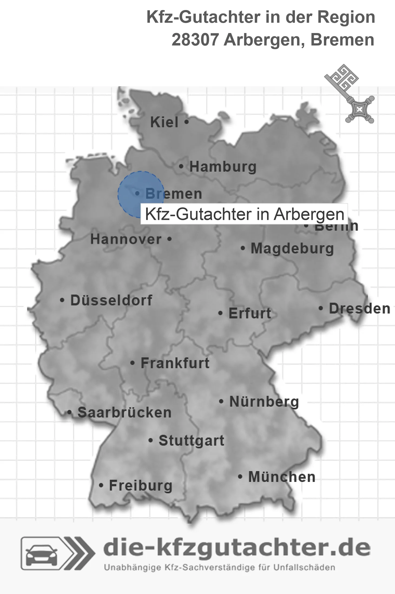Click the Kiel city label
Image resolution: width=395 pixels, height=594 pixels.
164,122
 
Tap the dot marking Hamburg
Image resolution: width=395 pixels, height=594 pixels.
181,166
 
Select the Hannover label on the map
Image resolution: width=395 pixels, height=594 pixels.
126,239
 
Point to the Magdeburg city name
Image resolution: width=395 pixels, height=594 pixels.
292,249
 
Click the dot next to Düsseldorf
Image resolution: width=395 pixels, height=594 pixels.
62,300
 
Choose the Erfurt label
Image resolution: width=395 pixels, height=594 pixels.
250,314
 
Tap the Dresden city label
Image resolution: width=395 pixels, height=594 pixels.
359,309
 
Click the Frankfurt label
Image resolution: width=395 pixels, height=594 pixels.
175,363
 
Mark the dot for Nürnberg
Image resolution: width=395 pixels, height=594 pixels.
221,402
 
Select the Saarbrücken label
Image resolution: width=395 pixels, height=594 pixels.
124,413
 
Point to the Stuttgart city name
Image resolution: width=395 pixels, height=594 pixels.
191,440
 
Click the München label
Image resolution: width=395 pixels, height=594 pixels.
282,477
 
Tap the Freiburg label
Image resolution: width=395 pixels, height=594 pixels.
140,486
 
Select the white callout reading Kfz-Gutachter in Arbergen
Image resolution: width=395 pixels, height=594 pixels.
244,214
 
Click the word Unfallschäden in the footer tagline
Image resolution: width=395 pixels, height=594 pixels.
304,567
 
